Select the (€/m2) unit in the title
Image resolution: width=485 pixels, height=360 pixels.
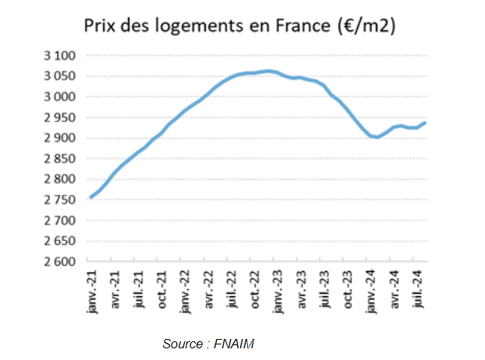coord(363,26)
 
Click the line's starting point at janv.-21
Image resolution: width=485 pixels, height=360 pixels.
coord(90,197)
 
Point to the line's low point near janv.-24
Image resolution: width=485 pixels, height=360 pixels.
coord(377,137)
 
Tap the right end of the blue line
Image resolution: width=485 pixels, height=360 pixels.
coord(425,122)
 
